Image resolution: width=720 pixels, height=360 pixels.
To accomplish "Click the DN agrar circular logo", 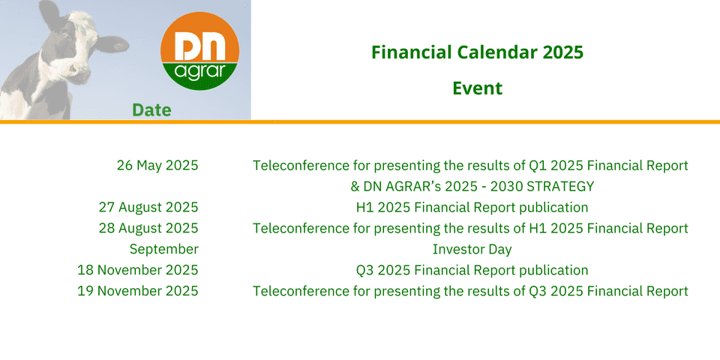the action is click(x=199, y=51).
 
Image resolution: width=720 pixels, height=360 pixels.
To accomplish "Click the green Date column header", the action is click(x=151, y=109).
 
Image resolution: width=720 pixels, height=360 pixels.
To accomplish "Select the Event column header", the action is click(x=478, y=88).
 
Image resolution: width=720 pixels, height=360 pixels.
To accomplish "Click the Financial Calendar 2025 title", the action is click(x=478, y=52).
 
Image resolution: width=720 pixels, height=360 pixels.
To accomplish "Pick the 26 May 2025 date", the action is click(x=157, y=165).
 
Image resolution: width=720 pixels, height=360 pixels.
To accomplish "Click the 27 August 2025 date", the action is click(x=148, y=207).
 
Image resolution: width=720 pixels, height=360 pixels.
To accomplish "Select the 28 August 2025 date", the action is click(x=148, y=228).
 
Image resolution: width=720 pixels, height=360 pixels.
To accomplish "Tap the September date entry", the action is click(x=164, y=249).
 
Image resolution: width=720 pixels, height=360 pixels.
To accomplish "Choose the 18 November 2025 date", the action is click(x=138, y=270).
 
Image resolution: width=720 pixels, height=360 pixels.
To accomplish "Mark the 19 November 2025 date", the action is click(x=138, y=291).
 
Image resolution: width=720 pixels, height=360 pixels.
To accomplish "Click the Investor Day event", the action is click(x=472, y=249).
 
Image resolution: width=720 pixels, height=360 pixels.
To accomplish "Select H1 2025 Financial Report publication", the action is click(x=472, y=208).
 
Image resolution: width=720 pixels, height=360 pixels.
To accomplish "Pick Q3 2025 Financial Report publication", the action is click(x=472, y=270).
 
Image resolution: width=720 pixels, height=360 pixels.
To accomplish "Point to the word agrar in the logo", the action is click(x=199, y=73).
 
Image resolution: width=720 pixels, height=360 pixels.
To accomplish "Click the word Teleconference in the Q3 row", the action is click(x=297, y=291).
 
